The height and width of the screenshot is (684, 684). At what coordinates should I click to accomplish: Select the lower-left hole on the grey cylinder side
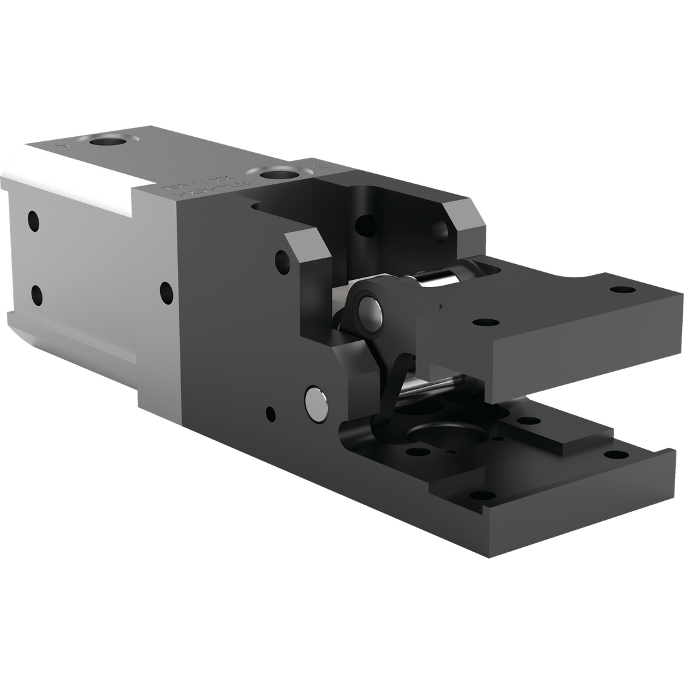coord(36,294)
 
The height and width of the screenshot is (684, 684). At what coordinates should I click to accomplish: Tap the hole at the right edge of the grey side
coord(167,291)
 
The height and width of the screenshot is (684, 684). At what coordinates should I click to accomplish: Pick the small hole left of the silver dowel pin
coord(270,415)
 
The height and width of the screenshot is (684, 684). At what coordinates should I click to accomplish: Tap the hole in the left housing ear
coord(279,259)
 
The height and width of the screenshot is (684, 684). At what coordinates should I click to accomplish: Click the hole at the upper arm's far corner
coord(614,289)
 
